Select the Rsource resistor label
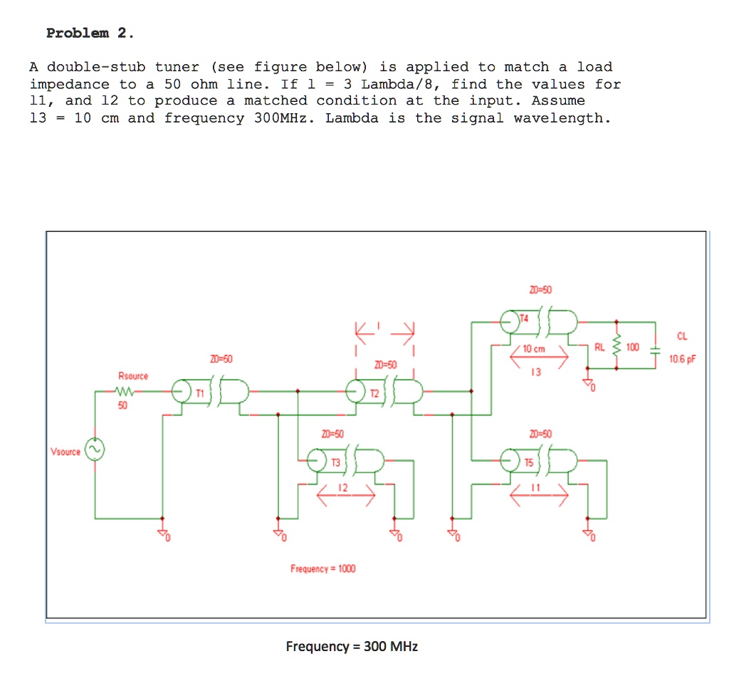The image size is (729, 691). (133, 375)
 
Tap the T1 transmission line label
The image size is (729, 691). (200, 393)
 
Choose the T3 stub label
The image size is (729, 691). (335, 463)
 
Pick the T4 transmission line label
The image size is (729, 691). (525, 318)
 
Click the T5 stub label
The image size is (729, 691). (528, 463)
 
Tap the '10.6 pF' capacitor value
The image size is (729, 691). (681, 360)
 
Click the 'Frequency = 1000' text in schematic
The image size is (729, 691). (323, 568)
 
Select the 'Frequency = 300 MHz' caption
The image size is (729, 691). (352, 647)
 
